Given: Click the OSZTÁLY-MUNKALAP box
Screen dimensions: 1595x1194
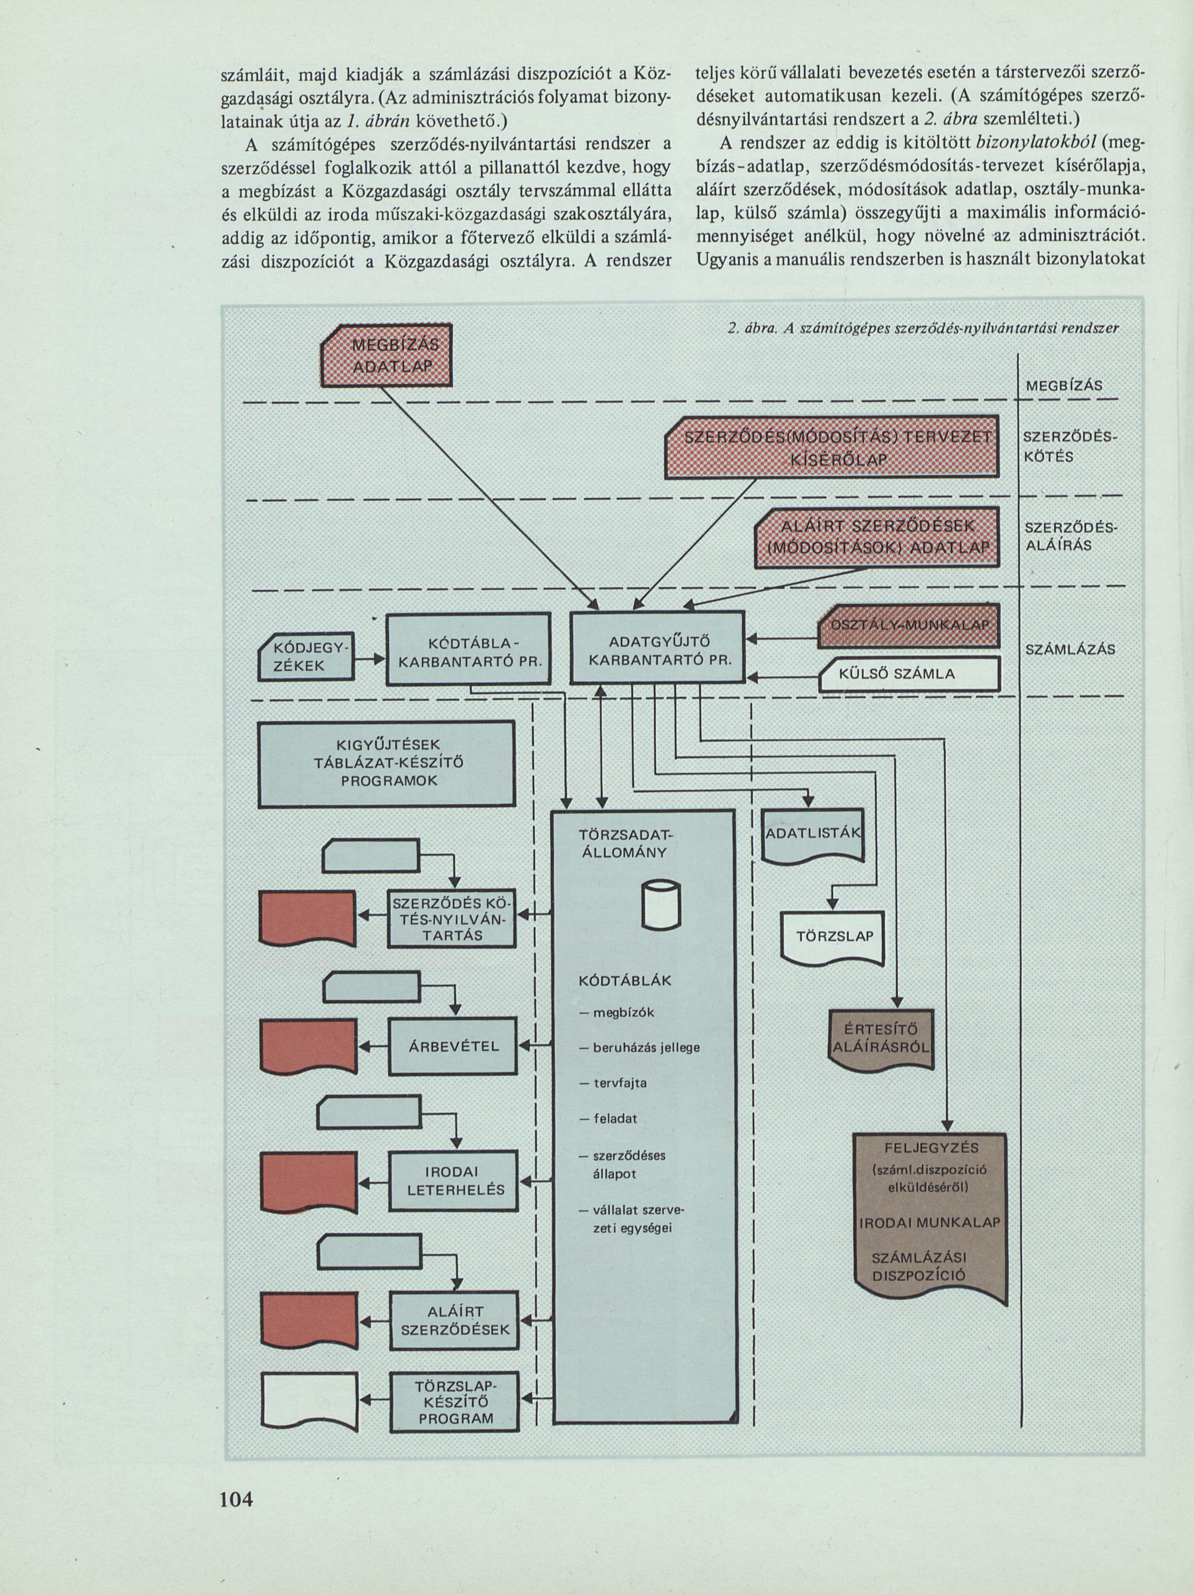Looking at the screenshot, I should pos(909,625).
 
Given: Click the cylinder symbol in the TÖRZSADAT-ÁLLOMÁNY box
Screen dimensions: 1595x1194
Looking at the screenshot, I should pos(660,906).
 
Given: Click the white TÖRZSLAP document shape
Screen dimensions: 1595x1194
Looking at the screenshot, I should pos(833,938).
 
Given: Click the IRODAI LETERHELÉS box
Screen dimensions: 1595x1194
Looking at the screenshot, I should pos(454,1180).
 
